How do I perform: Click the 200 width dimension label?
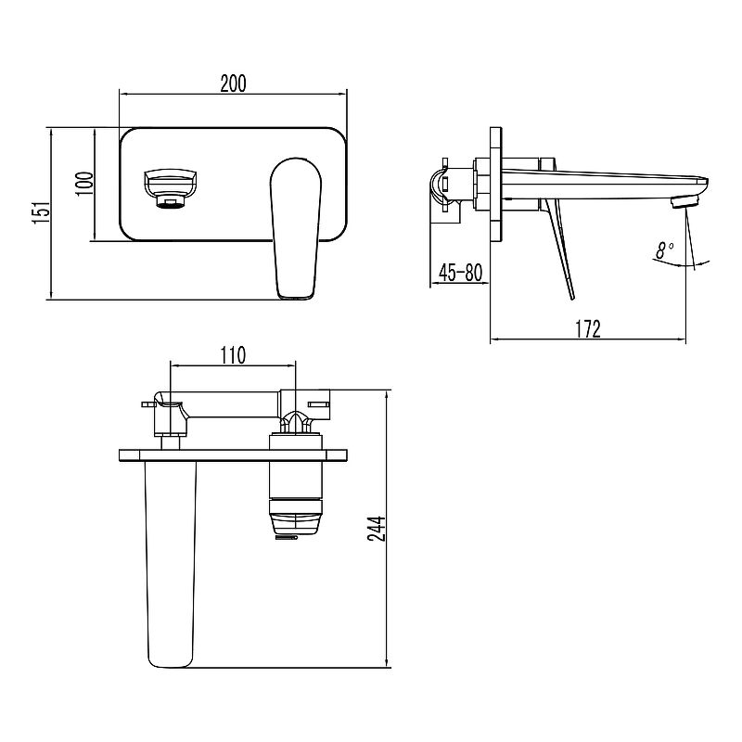point(234,83)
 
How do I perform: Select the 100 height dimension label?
point(84,184)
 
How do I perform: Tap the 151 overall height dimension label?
point(41,212)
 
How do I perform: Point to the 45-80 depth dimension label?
point(460,272)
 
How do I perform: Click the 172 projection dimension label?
point(588,329)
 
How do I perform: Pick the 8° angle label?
point(665,249)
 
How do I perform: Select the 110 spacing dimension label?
point(233,355)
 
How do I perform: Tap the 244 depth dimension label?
point(377,529)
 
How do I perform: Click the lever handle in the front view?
point(296,228)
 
